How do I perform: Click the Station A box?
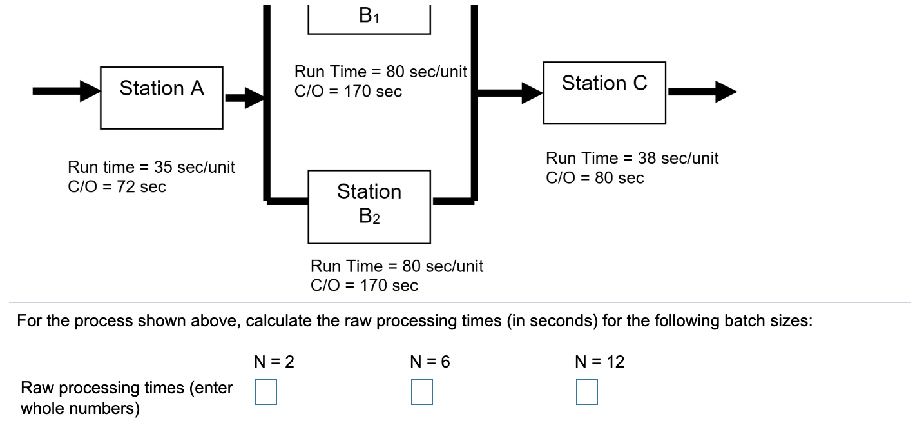click(162, 97)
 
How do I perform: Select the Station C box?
click(604, 92)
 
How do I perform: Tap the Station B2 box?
click(369, 206)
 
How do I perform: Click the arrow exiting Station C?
click(702, 92)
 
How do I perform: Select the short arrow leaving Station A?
click(244, 98)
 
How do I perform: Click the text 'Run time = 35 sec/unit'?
click(151, 168)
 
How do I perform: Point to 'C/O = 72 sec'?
click(117, 187)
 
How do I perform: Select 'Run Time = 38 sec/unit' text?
click(632, 158)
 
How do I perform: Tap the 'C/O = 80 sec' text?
click(595, 178)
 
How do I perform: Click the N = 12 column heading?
click(599, 362)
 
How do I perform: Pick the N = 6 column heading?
click(430, 362)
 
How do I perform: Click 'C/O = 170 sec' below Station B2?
click(364, 285)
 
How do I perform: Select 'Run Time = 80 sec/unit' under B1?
click(380, 72)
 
